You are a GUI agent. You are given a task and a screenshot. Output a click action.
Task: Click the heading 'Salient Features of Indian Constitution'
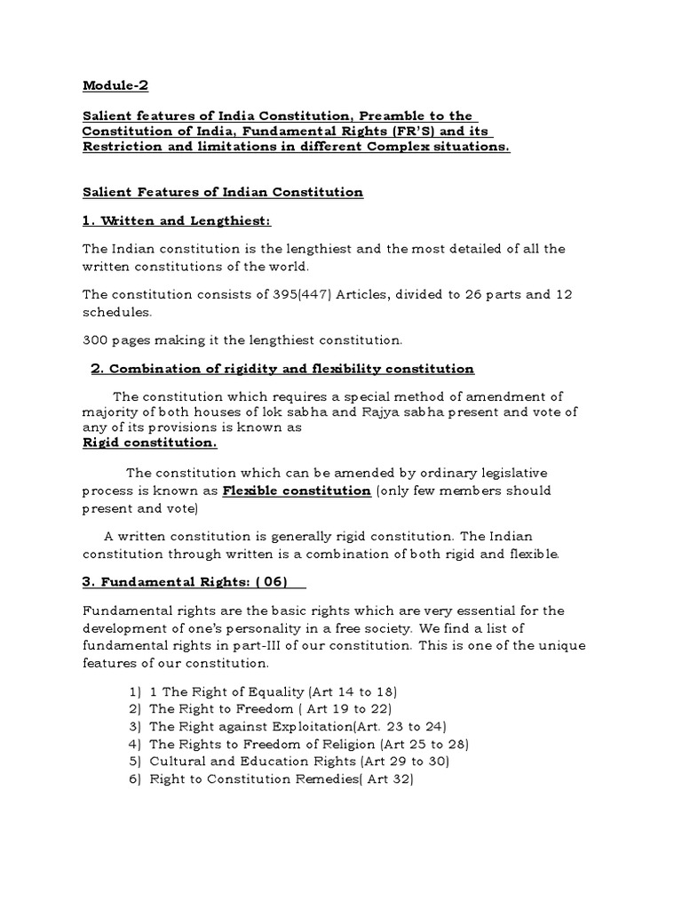[223, 192]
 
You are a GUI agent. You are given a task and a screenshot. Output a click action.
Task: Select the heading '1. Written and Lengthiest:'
[164, 220]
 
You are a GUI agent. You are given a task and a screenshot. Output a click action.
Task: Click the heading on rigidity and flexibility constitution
[282, 368]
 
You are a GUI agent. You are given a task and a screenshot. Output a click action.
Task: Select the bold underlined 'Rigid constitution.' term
[149, 442]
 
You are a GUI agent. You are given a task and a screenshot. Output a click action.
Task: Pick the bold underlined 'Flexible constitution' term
[297, 491]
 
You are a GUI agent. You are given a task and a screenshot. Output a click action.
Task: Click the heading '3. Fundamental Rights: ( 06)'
[194, 581]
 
